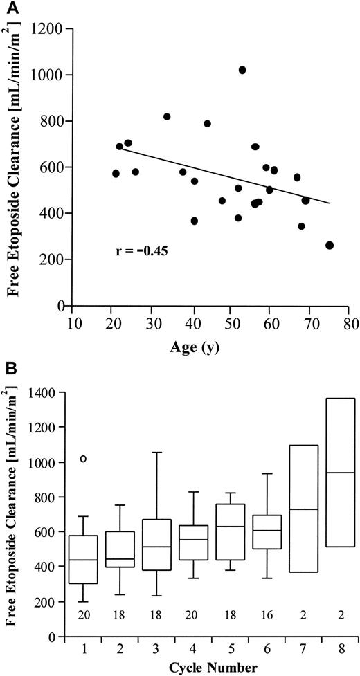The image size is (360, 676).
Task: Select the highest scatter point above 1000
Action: [242, 70]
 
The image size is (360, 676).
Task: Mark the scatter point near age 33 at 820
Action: [167, 116]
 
